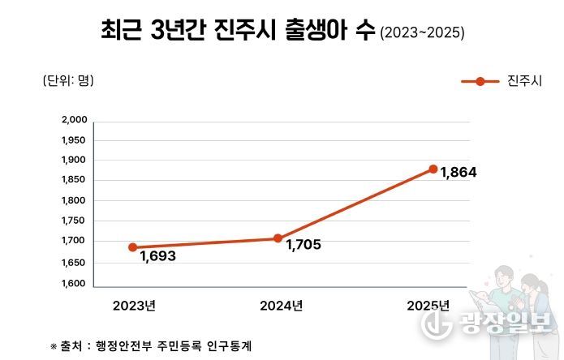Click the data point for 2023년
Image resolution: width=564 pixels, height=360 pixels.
point(132,247)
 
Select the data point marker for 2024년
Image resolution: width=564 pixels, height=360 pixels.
point(278,238)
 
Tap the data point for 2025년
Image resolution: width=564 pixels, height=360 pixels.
point(433,169)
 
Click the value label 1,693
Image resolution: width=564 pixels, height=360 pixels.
point(157,256)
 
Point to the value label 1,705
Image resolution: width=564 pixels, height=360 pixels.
point(304,245)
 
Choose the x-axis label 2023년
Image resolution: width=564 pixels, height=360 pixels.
point(134,306)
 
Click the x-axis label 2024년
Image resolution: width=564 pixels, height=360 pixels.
point(281,306)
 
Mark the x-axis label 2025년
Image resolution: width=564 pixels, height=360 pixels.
point(428,306)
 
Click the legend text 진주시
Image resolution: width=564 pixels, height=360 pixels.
point(523,81)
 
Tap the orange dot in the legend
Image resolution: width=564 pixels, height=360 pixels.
point(480,81)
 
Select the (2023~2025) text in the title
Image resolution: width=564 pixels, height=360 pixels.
point(422,34)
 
